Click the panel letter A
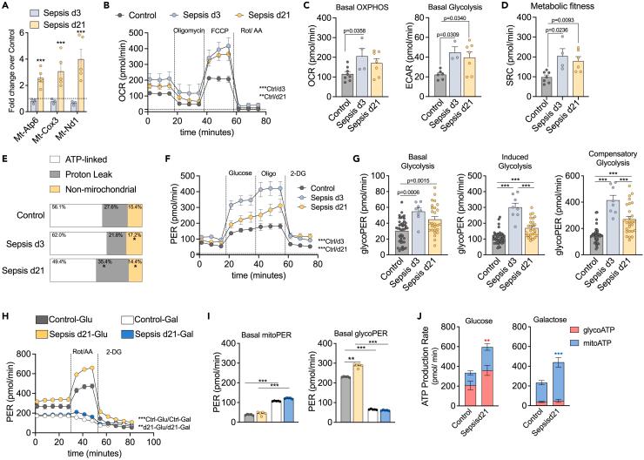(x=7, y=8)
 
